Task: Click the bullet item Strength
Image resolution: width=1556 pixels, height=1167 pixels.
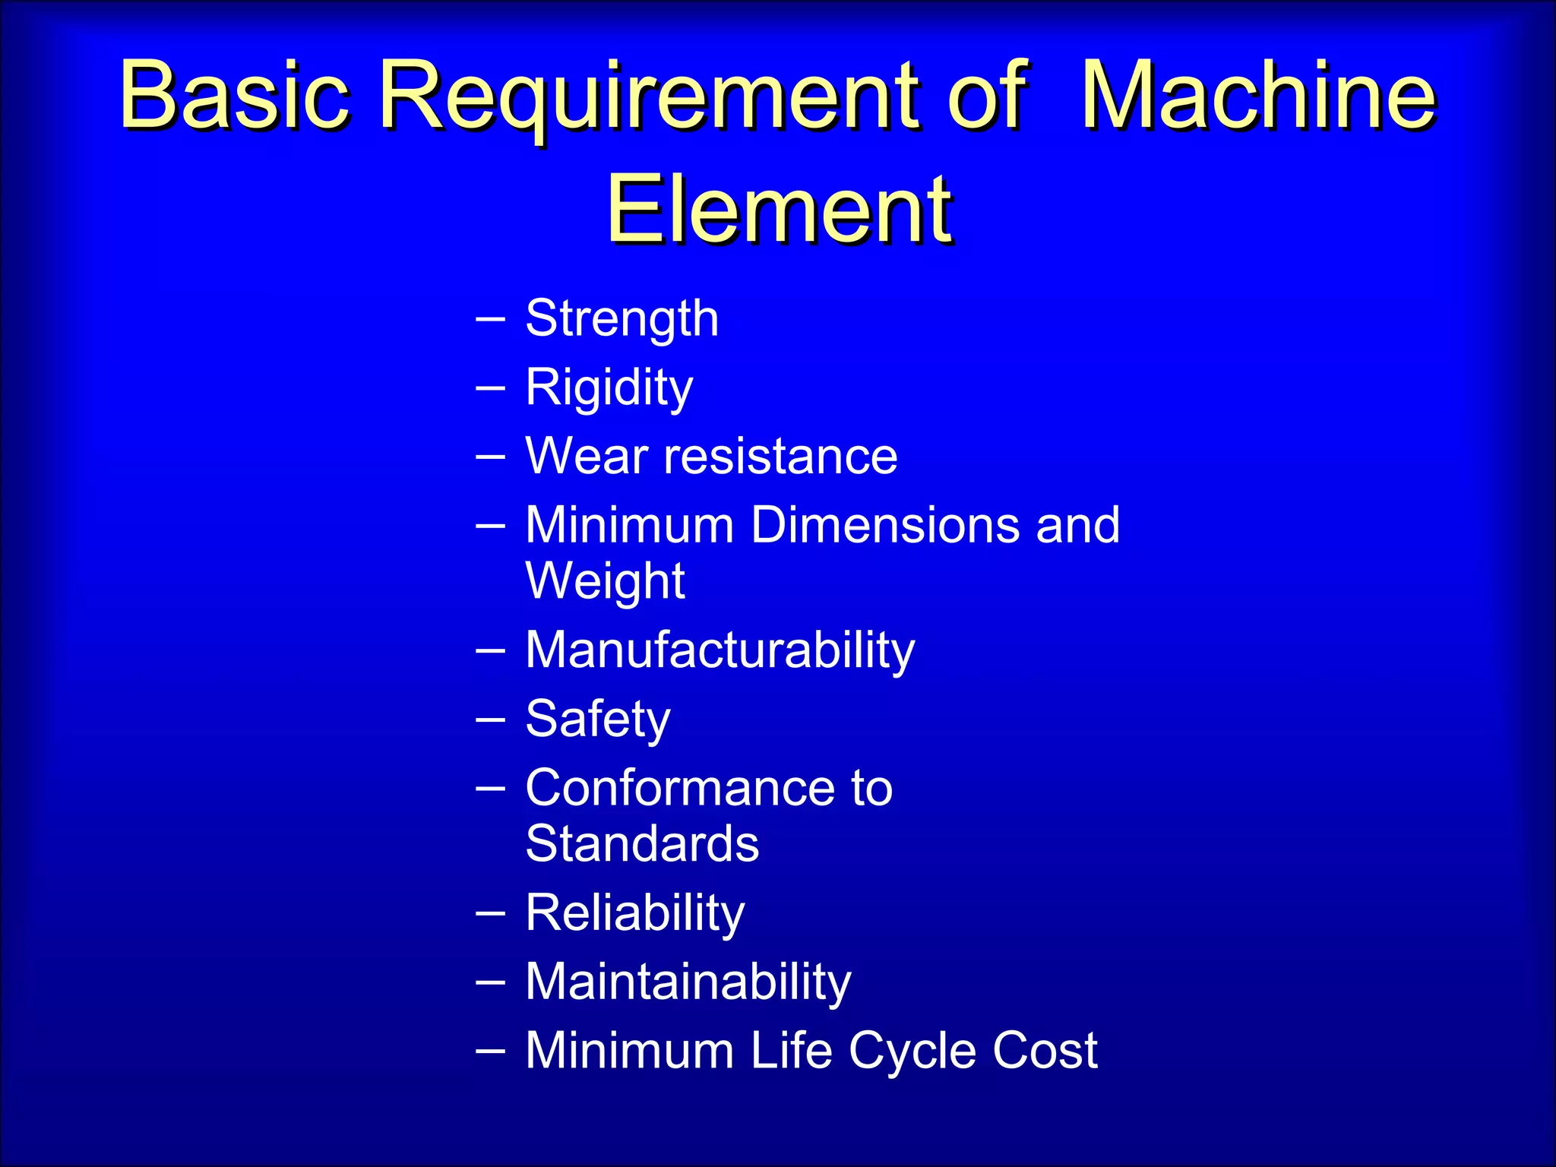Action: pyautogui.click(x=621, y=319)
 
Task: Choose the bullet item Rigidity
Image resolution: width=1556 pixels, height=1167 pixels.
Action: pyautogui.click(x=609, y=388)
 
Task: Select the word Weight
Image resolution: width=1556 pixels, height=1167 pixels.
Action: pyautogui.click(x=605, y=581)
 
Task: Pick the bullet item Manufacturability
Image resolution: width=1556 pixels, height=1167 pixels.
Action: pyautogui.click(x=719, y=651)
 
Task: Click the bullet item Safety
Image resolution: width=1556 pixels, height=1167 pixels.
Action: pyautogui.click(x=598, y=719)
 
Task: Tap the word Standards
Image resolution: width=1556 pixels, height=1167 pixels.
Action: pyautogui.click(x=642, y=843)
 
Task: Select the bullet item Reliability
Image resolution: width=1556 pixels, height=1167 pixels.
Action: pyautogui.click(x=634, y=913)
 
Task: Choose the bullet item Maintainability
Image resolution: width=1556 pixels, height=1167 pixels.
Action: pyautogui.click(x=688, y=982)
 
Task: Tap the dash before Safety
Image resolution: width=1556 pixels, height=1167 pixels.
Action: pyautogui.click(x=490, y=720)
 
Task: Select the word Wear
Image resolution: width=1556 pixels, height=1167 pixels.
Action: pyautogui.click(x=586, y=457)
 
